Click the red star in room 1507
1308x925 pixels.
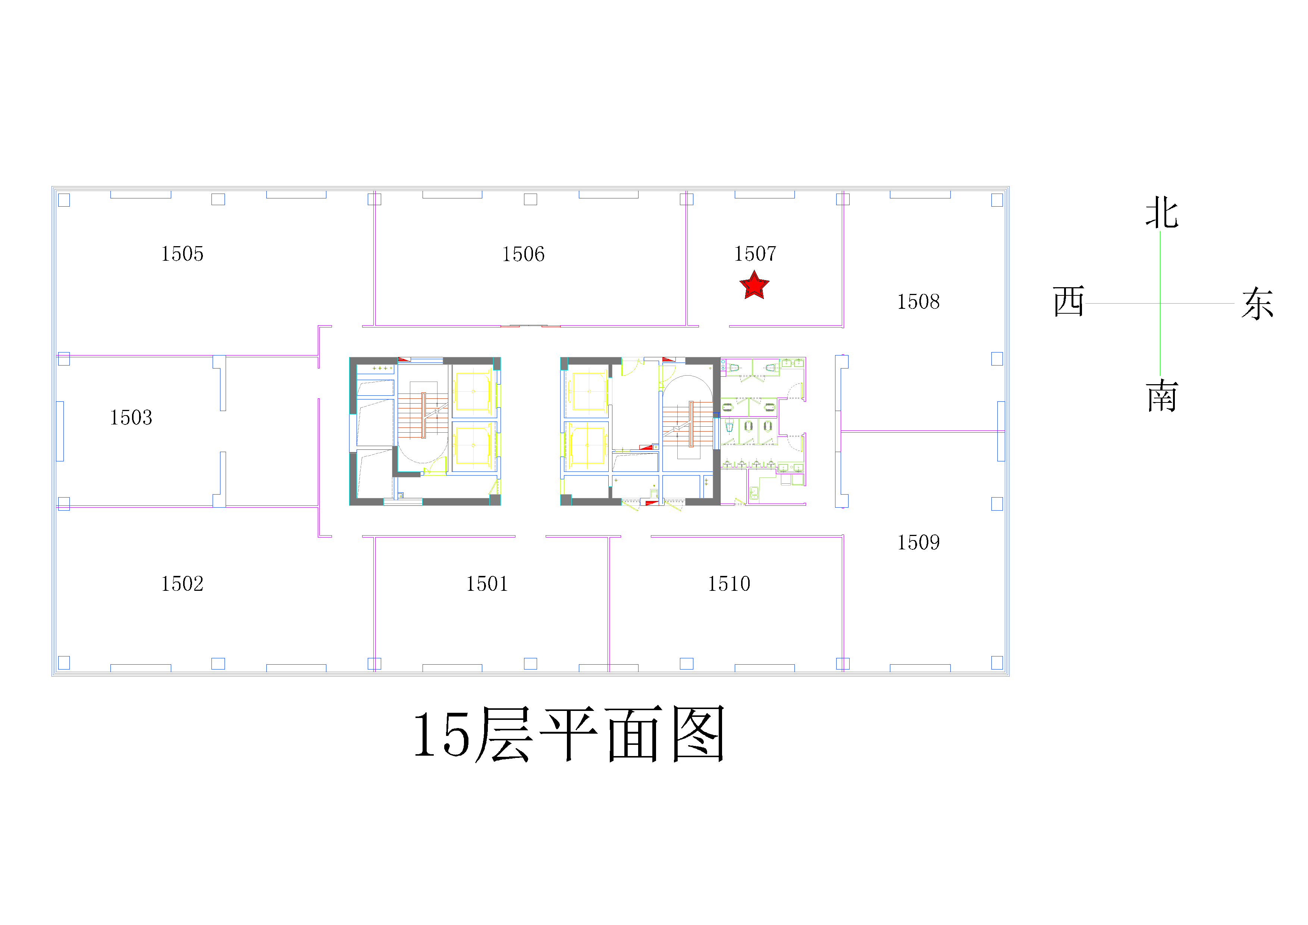pyautogui.click(x=754, y=285)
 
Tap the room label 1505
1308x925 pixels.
pyautogui.click(x=182, y=254)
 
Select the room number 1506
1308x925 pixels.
pyautogui.click(x=523, y=254)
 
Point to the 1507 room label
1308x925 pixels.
pyautogui.click(x=755, y=254)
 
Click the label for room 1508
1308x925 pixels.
pyautogui.click(x=918, y=302)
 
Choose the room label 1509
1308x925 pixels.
pyautogui.click(x=918, y=543)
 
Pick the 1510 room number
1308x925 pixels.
pyautogui.click(x=729, y=584)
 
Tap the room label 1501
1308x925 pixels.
pyautogui.click(x=487, y=584)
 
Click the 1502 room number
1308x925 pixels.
pyautogui.click(x=182, y=584)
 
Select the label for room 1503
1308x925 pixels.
pyautogui.click(x=131, y=417)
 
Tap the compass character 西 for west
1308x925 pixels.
pyautogui.click(x=1069, y=301)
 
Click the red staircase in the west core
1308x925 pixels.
pyautogui.click(x=423, y=415)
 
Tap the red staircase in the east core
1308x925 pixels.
pyautogui.click(x=688, y=424)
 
